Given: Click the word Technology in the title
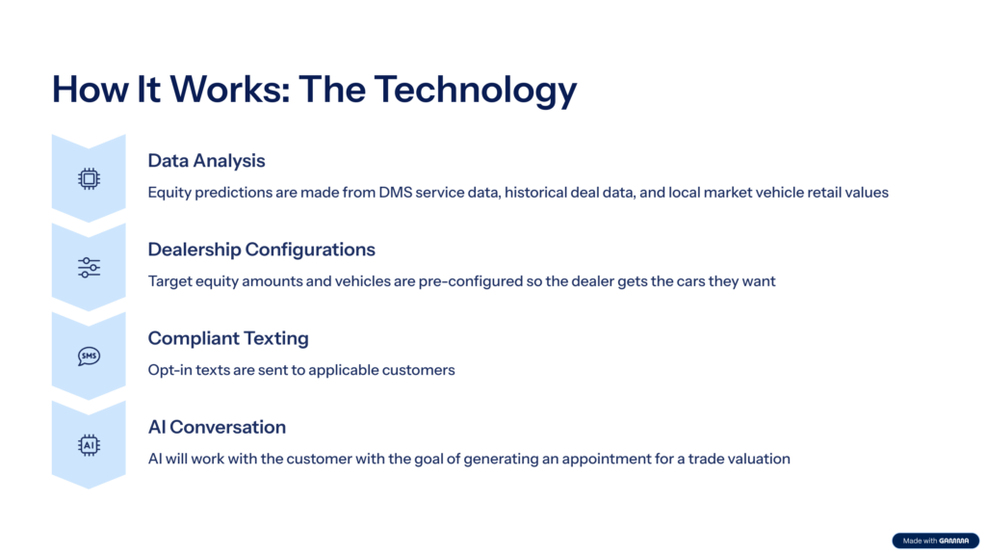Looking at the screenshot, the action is pyautogui.click(x=476, y=90).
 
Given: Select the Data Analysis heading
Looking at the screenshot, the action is pyautogui.click(x=206, y=161).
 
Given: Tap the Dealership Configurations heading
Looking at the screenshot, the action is pyautogui.click(x=262, y=250).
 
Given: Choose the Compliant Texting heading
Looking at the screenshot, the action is pyautogui.click(x=228, y=338).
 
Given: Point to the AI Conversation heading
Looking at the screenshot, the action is pyautogui.click(x=217, y=427).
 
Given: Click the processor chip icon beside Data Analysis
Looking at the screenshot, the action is pyautogui.click(x=89, y=178).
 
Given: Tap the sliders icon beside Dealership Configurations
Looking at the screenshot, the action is pyautogui.click(x=89, y=268).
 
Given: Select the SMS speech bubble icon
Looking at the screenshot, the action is pyautogui.click(x=89, y=357).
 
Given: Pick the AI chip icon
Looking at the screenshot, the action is pyautogui.click(x=89, y=445).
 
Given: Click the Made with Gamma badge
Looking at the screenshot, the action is pyautogui.click(x=936, y=541).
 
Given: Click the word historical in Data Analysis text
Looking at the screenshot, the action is pyautogui.click(x=535, y=193).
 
